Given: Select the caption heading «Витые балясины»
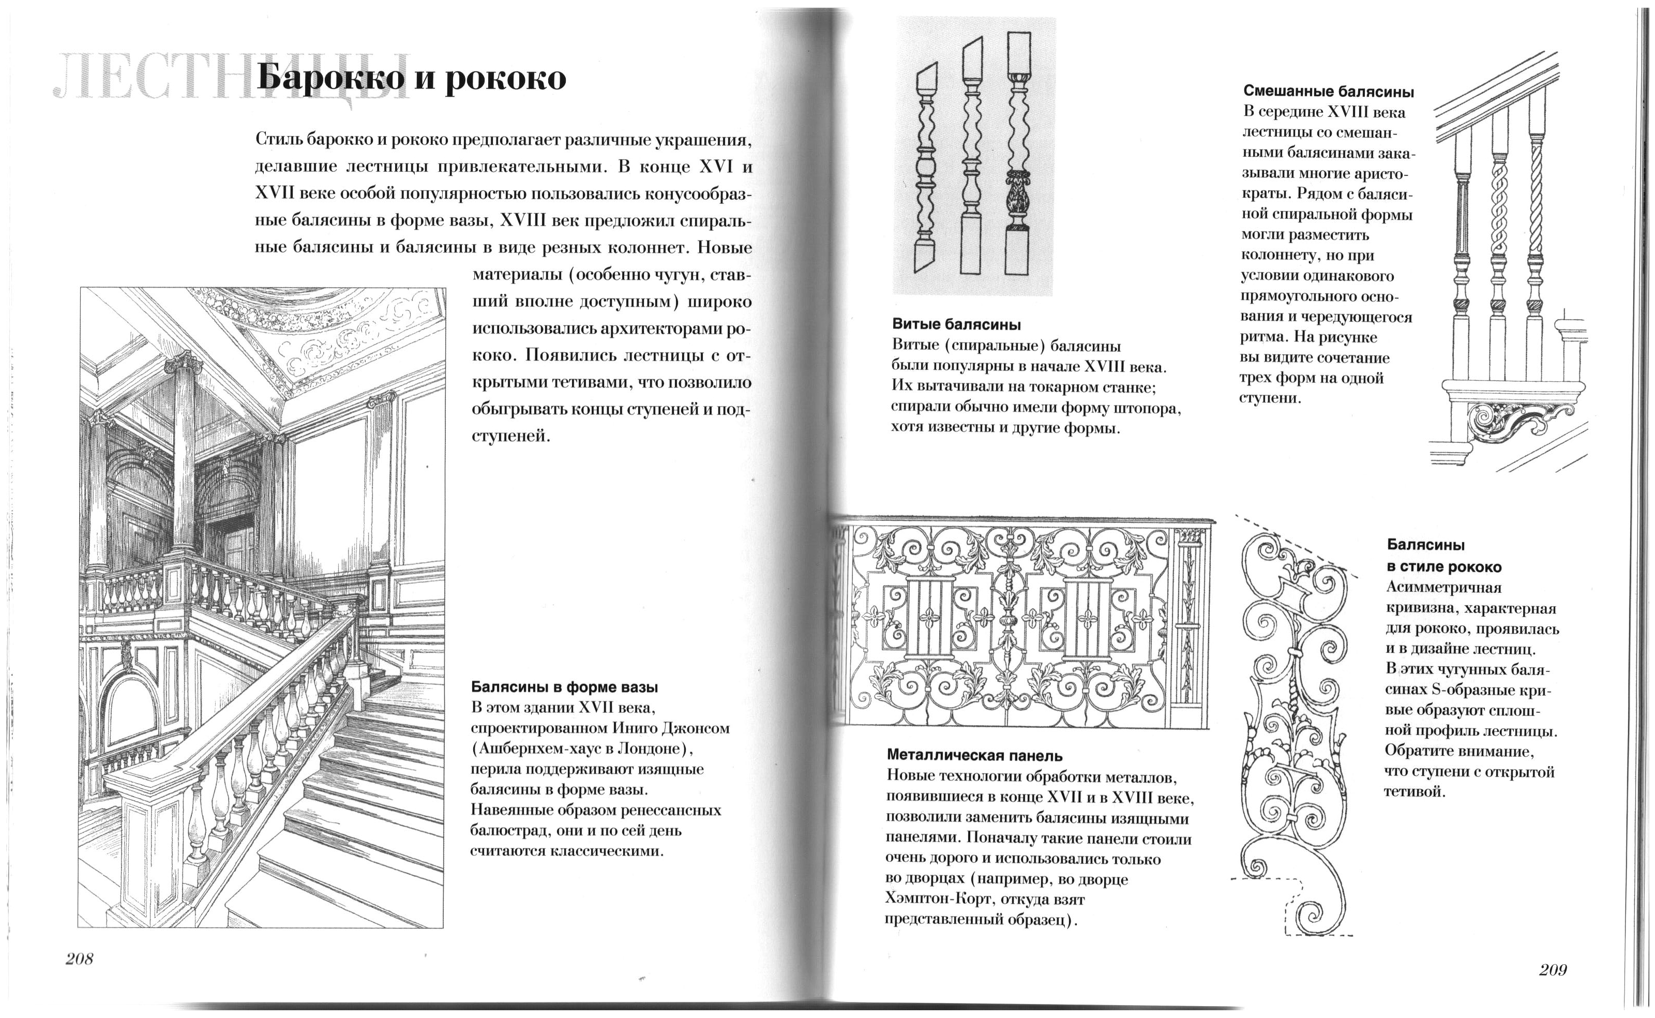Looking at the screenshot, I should [956, 324].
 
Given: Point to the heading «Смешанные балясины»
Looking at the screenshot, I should [1329, 92].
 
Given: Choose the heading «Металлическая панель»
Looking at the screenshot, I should [974, 755].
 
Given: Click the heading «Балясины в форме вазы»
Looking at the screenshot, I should [564, 687].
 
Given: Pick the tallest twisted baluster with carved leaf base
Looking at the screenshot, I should [1018, 155].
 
